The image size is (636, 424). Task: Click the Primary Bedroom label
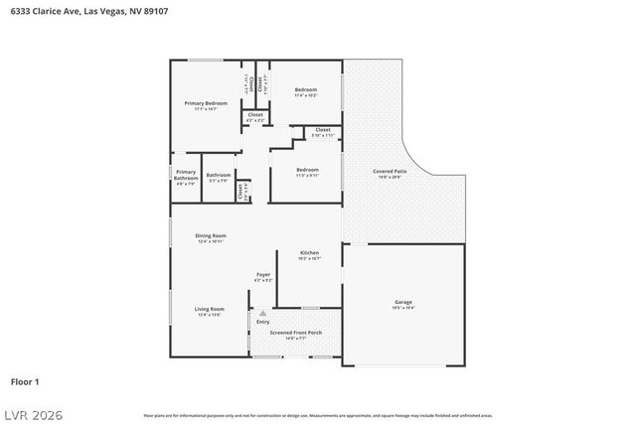click(x=206, y=104)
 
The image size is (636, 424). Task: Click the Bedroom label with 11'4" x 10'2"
click(x=305, y=92)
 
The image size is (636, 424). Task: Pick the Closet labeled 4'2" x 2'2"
click(x=254, y=117)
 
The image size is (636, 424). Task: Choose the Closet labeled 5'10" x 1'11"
click(x=323, y=132)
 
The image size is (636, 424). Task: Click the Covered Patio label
click(x=390, y=173)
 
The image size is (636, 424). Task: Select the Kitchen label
click(x=309, y=254)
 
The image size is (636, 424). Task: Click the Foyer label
click(x=263, y=276)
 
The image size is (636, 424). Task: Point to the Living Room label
click(x=210, y=311)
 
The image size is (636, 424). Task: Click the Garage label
click(x=403, y=304)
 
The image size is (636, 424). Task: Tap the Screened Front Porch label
click(x=295, y=335)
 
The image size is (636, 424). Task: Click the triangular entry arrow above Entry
click(x=262, y=313)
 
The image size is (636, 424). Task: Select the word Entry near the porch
click(x=263, y=322)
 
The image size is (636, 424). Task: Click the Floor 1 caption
click(x=25, y=381)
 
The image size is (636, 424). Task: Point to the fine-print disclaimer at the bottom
click(x=318, y=415)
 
